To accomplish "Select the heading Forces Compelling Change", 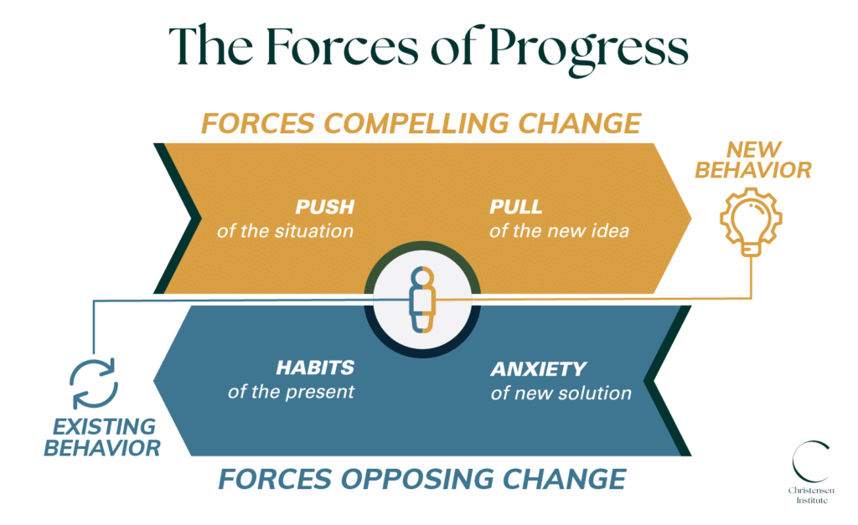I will (x=421, y=123).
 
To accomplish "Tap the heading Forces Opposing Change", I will (x=421, y=479).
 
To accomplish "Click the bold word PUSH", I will (x=324, y=207).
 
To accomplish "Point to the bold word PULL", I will (x=516, y=207).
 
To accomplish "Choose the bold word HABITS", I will (x=314, y=368).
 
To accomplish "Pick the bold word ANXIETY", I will (x=539, y=368).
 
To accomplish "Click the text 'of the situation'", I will (x=285, y=230).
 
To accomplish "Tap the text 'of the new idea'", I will (x=559, y=230).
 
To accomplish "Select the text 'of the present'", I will (x=291, y=391).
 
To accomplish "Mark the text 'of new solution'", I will (x=561, y=392).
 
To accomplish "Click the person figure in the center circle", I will (x=423, y=299).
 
